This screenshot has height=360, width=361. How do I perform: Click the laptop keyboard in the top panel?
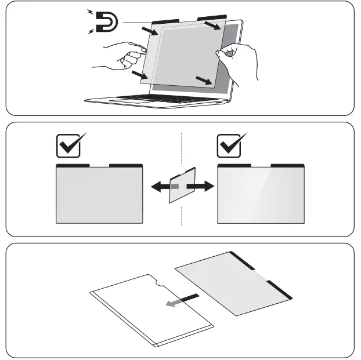pos(157,97)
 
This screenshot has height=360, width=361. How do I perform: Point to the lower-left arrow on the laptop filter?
pos(139,75)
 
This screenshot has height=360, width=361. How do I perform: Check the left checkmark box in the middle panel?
pos(68,147)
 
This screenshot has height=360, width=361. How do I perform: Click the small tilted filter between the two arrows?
pos(182,186)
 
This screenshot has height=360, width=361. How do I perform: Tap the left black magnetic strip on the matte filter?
pos(73,165)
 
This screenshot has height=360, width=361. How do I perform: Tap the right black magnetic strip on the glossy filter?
pos(287,165)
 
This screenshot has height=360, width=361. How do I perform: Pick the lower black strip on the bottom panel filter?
pos(280,289)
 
